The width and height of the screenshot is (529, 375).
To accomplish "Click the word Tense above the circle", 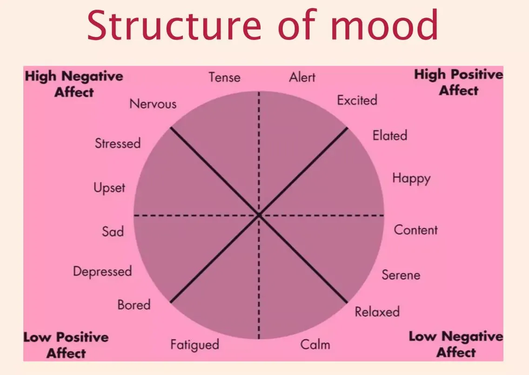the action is [x=224, y=77].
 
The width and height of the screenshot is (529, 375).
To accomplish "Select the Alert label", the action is [x=302, y=77].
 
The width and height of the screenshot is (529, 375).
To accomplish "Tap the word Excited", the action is [x=357, y=100].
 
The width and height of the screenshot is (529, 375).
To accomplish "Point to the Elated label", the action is [x=389, y=136].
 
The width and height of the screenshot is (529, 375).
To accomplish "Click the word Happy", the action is [x=411, y=178].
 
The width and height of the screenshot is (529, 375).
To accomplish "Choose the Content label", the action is [x=415, y=230].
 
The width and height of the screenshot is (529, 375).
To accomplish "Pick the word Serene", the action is [x=401, y=275].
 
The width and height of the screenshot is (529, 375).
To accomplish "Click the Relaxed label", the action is [x=377, y=311].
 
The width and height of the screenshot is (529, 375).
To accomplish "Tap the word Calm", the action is [x=315, y=345].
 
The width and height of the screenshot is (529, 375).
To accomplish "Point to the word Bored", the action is [x=134, y=305].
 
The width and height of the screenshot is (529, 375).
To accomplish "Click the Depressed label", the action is [x=102, y=271].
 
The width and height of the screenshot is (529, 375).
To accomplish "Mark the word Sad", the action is [x=113, y=231].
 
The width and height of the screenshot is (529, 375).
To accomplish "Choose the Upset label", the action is [x=109, y=188].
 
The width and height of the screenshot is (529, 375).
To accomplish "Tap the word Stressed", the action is [x=117, y=143].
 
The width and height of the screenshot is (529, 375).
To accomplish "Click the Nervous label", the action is [x=153, y=104].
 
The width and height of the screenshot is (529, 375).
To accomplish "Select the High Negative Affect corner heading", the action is [x=74, y=84].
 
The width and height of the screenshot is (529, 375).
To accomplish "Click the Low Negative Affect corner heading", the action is [x=455, y=344].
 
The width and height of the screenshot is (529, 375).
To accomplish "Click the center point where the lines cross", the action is [x=259, y=215].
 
